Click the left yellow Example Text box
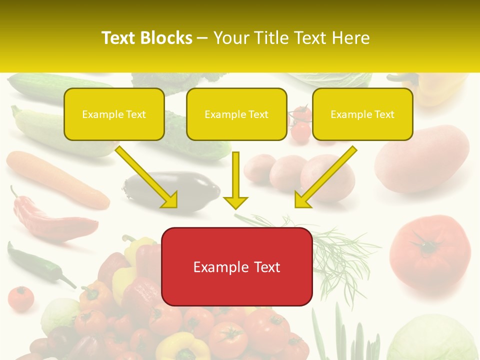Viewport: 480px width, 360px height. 114,114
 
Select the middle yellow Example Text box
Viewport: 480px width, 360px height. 236,114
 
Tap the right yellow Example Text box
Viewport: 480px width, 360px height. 362,114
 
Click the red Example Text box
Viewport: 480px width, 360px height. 237,266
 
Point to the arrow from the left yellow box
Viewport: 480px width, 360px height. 146,176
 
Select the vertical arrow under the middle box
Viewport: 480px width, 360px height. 235,180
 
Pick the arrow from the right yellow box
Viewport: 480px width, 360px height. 326,176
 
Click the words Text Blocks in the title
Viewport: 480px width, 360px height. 147,38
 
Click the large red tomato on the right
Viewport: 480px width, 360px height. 430,252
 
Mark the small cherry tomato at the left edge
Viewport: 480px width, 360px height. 20,298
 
